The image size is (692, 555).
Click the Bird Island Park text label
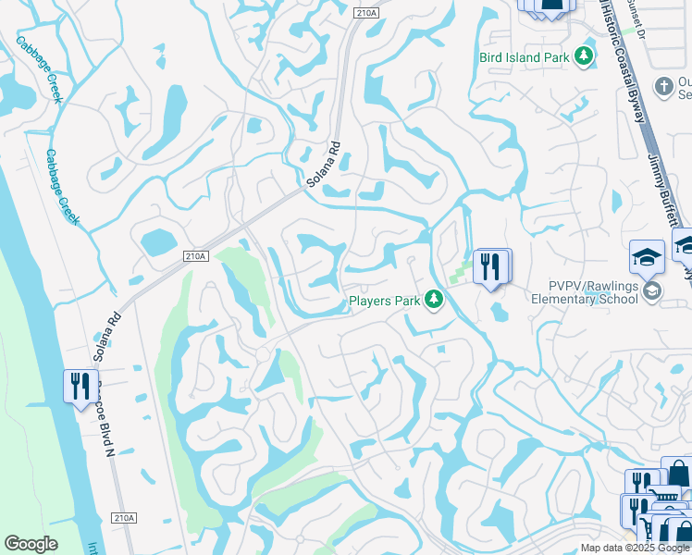tap(524, 57)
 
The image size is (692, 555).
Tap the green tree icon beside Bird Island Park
tap(583, 57)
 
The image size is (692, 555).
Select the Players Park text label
tap(385, 301)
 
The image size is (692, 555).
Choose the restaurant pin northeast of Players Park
tap(490, 267)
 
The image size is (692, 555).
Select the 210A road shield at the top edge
tap(365, 11)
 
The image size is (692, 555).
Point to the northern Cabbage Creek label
tap(39, 68)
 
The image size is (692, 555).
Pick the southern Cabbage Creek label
tap(63, 188)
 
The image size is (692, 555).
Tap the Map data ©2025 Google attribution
tap(635, 548)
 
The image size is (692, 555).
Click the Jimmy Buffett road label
tap(661, 190)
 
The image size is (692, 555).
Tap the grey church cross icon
tap(662, 87)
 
